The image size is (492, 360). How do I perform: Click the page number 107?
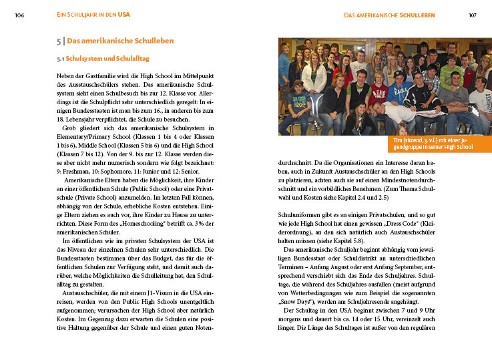coord(473,15)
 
